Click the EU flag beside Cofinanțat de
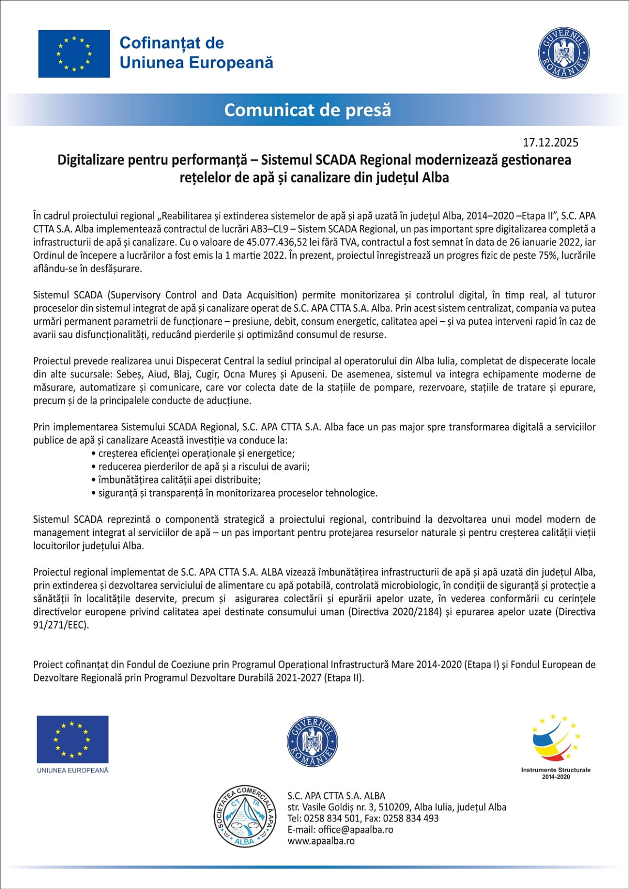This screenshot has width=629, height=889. [74, 53]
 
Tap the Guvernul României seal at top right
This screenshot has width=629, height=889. [563, 53]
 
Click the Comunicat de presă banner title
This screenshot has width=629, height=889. [308, 110]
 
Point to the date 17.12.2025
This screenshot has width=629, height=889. [550, 143]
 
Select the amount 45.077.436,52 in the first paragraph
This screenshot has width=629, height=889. [276, 242]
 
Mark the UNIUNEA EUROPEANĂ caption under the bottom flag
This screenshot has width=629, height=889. [72, 771]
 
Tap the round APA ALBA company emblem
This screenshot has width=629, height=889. [244, 817]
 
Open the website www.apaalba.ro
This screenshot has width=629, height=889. [321, 841]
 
